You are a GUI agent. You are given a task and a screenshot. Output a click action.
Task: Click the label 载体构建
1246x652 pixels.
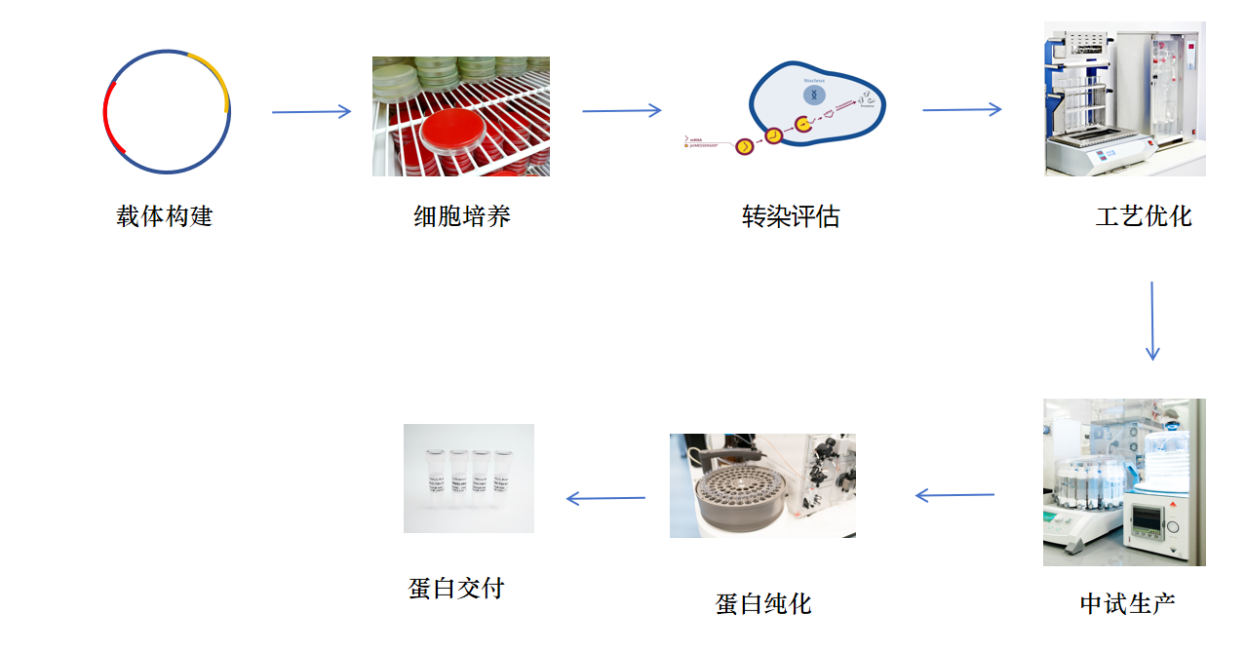point(164,216)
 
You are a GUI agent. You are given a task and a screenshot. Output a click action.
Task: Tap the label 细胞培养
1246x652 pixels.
point(462,216)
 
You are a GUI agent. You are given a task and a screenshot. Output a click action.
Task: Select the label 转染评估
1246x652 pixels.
point(790,216)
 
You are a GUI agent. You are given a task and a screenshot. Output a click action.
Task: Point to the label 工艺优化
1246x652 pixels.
point(1144,216)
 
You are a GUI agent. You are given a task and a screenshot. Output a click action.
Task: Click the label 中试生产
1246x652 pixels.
point(1128,603)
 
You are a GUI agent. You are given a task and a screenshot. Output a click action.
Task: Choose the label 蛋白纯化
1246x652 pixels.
point(763,604)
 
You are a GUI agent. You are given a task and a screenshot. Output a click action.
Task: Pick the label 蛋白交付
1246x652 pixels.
point(456,588)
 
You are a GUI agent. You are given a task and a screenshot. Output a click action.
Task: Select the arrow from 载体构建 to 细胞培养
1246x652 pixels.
point(311,112)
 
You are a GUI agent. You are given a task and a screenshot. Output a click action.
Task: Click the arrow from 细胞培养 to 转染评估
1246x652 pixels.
point(622,111)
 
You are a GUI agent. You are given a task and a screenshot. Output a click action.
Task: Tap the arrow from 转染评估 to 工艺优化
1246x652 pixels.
point(962,110)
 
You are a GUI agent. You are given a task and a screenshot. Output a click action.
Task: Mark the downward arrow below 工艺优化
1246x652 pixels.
point(1152,322)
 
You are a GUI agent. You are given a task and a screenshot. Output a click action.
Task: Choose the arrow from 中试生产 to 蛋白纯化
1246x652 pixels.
point(955,496)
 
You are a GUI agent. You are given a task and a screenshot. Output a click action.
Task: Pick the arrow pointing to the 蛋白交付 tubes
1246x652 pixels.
point(605,499)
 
